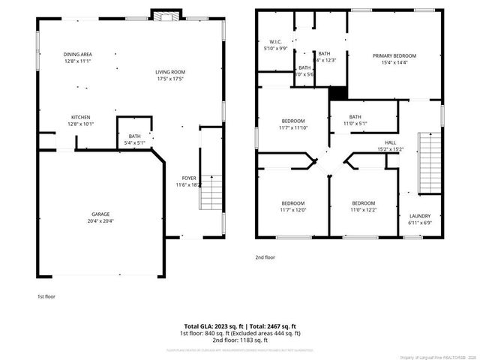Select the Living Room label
(170, 75)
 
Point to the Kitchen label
(81, 121)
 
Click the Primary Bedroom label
(394, 59)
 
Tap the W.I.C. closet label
(274, 44)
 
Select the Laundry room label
(419, 219)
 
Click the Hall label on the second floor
(390, 145)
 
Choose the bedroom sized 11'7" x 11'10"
(292, 124)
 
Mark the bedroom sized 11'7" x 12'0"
(292, 207)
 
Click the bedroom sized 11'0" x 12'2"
(363, 207)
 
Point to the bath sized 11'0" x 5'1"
(355, 120)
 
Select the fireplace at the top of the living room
(166, 14)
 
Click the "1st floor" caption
(46, 296)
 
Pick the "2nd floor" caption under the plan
(265, 257)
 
